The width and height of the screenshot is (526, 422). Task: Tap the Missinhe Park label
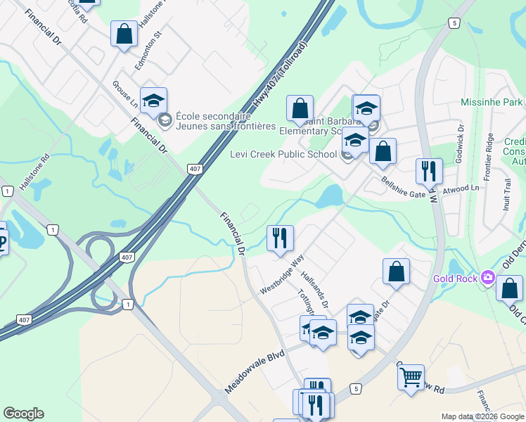coord(492,102)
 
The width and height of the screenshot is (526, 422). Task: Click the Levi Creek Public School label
coord(283,155)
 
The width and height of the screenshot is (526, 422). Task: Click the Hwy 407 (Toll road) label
coord(282,77)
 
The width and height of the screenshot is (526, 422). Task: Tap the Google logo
coord(23,414)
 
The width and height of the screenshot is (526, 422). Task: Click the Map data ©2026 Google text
coord(482,416)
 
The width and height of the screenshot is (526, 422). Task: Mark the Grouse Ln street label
coord(125,94)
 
